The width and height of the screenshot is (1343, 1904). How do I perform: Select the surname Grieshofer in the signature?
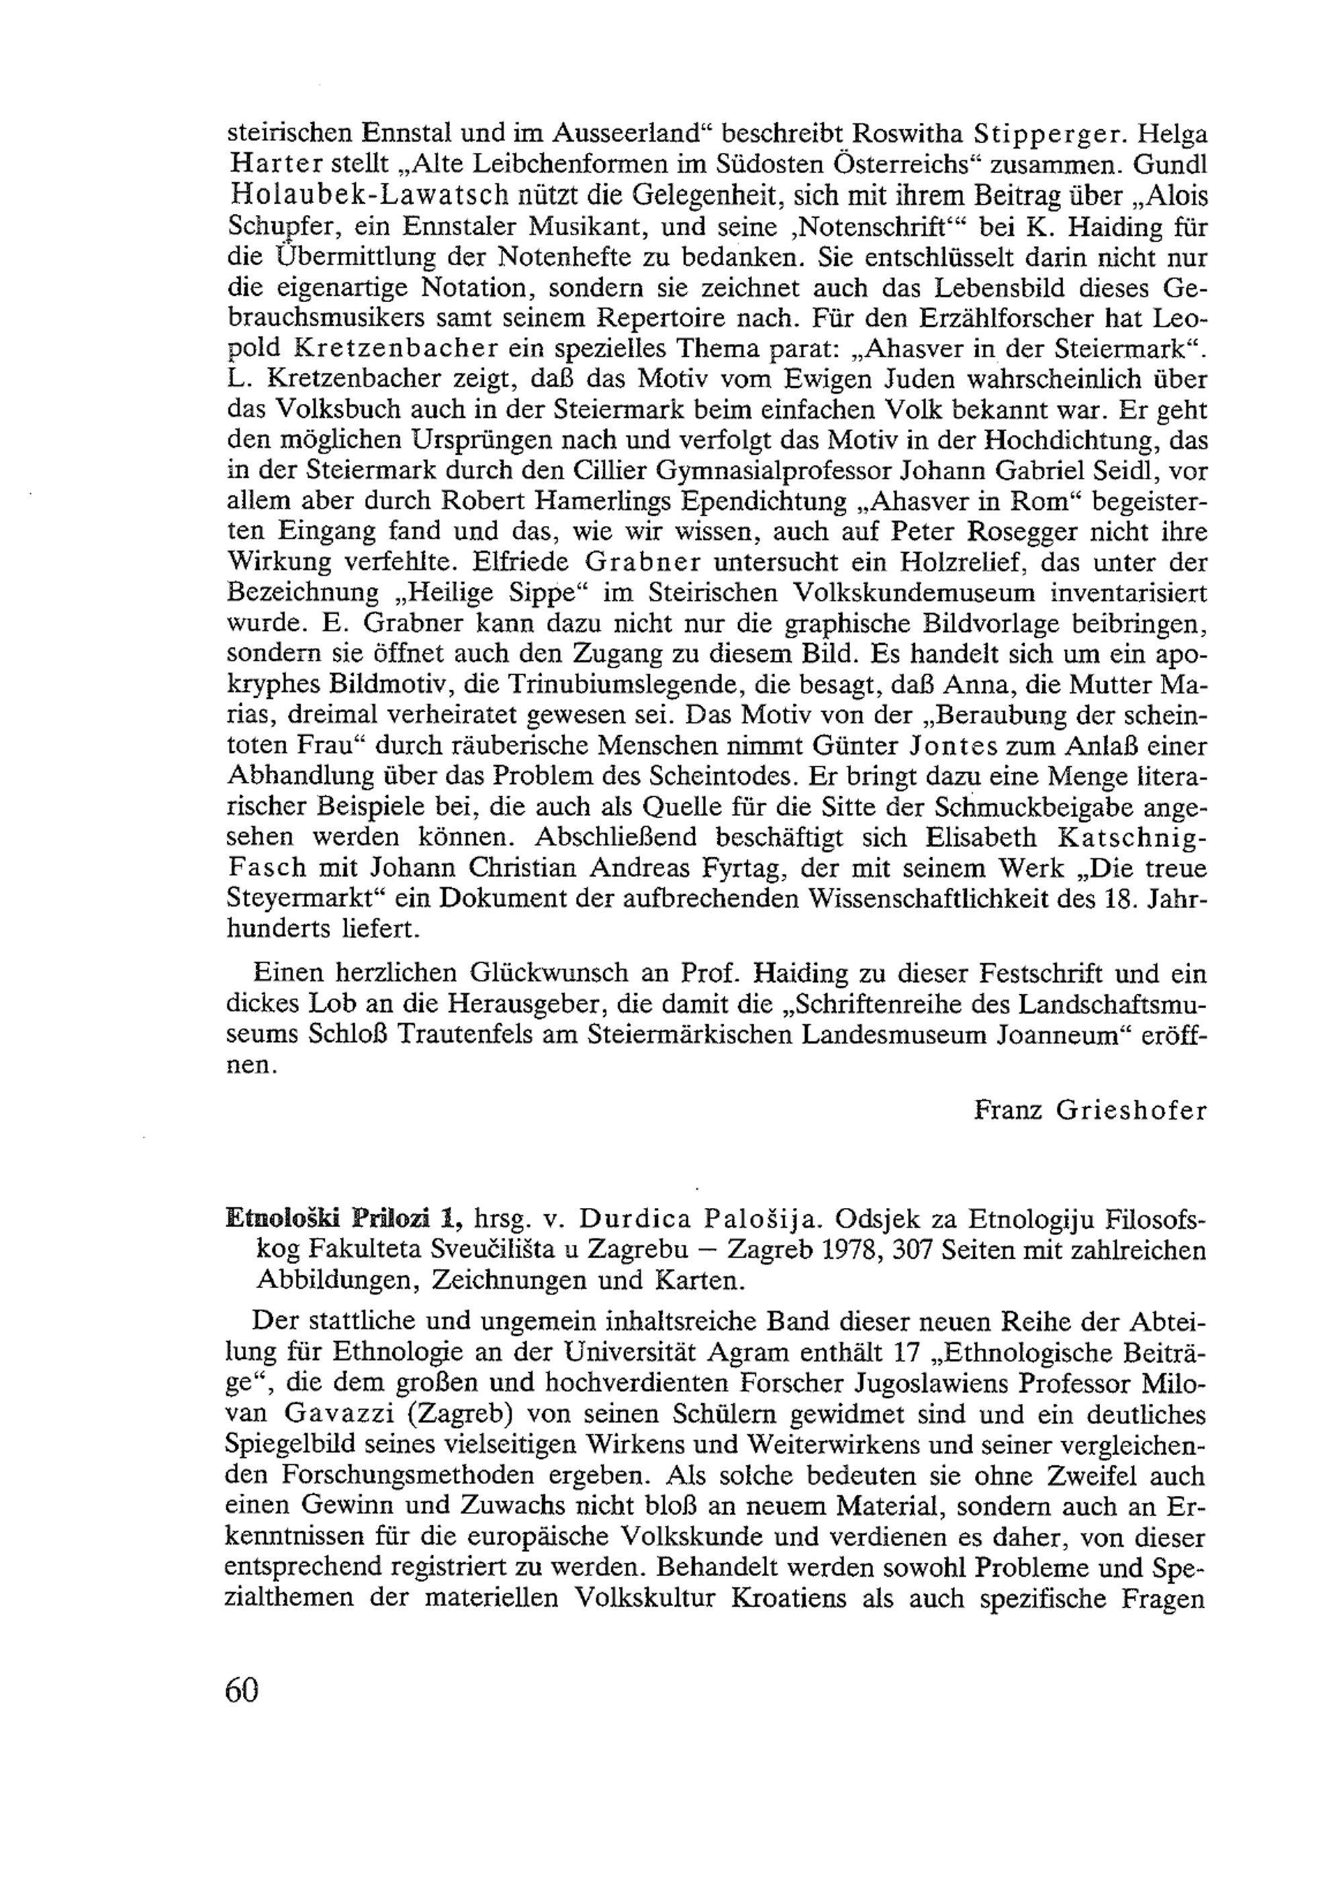1131,1109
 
